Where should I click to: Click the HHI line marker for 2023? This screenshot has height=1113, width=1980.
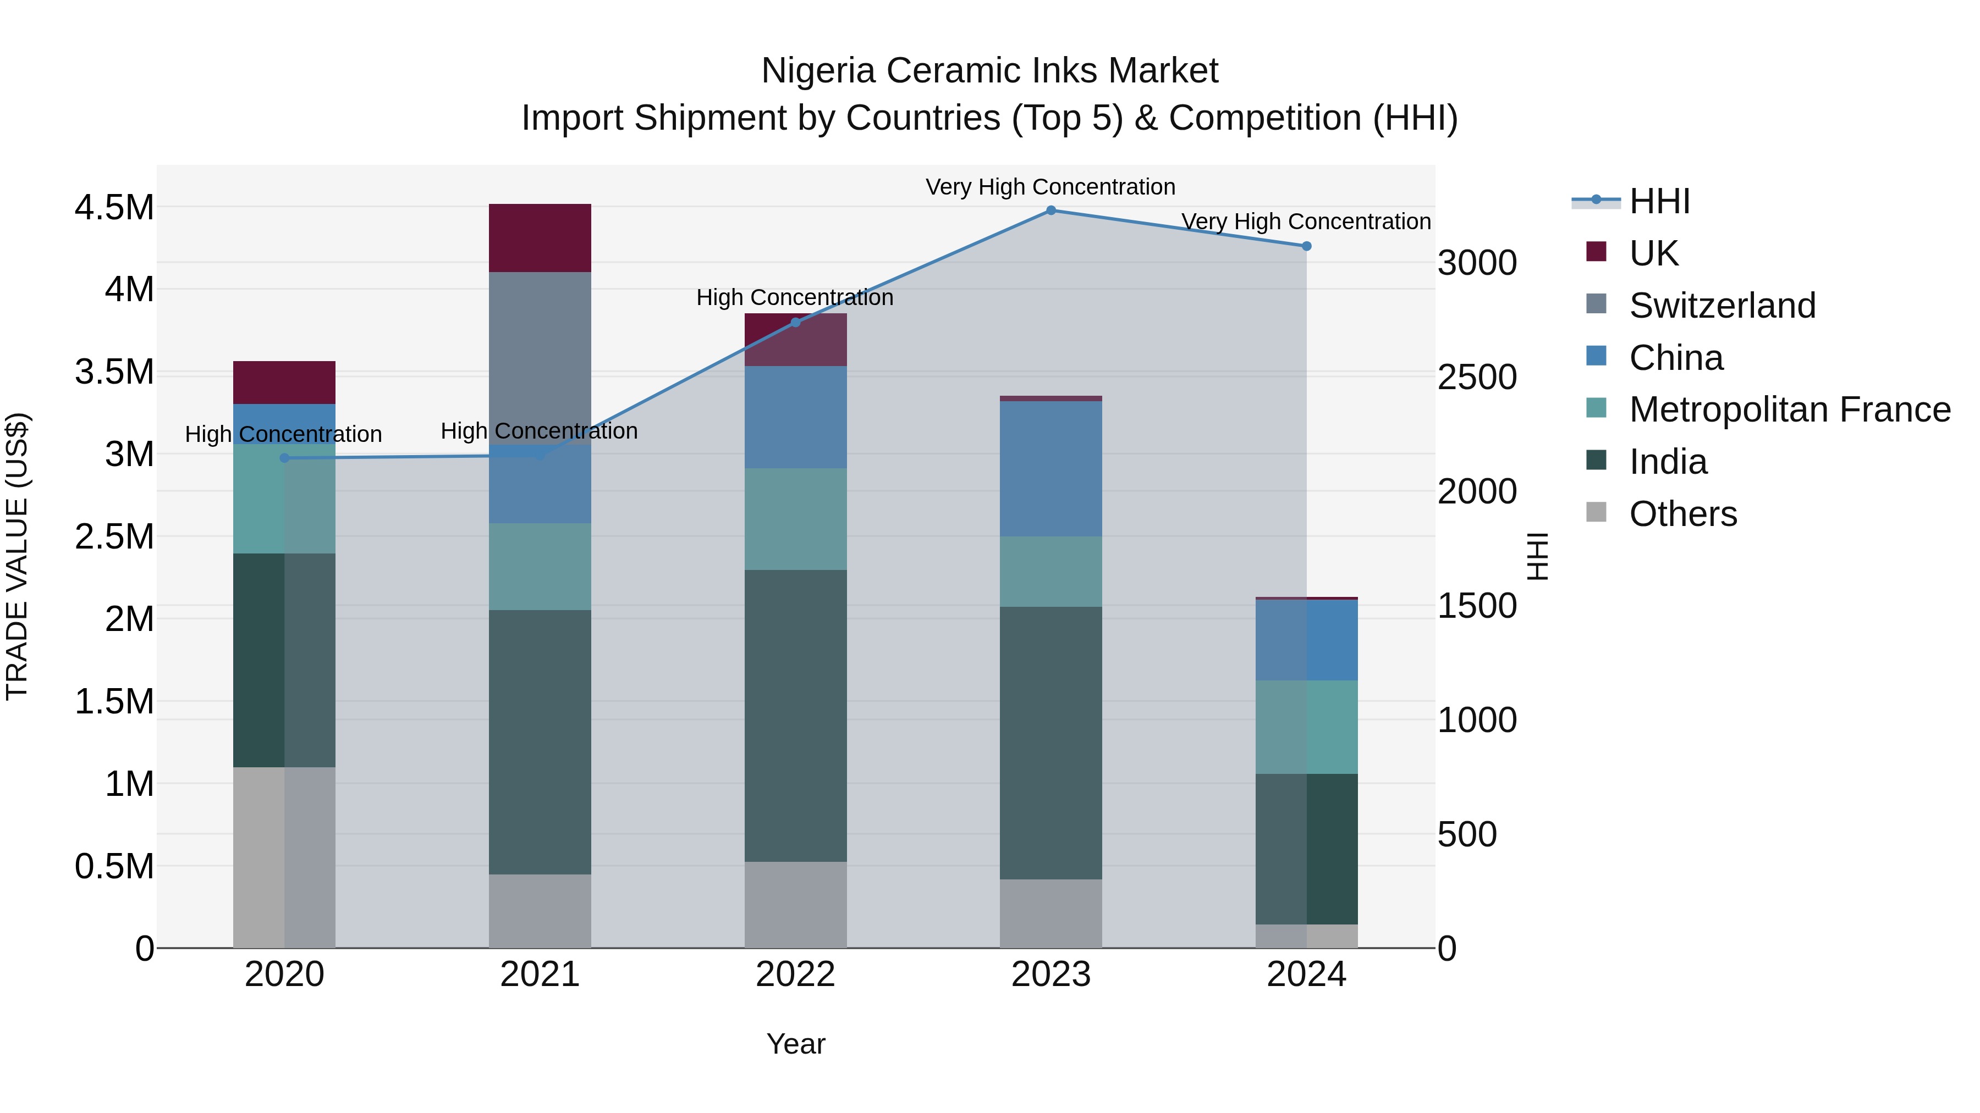[x=1050, y=210]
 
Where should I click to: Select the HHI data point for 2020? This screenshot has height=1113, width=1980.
[x=284, y=458]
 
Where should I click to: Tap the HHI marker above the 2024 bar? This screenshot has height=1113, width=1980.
[x=1307, y=246]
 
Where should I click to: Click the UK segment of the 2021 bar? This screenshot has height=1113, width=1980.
[x=540, y=238]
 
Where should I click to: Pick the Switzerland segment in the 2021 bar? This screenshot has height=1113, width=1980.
[x=540, y=353]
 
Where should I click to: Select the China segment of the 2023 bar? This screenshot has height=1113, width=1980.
[x=1050, y=468]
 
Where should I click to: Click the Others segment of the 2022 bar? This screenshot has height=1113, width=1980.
[x=795, y=904]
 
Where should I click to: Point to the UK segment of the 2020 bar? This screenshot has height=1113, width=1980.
[x=284, y=383]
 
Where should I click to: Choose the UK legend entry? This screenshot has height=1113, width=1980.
[x=1653, y=253]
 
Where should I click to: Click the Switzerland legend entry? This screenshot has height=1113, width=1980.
[x=1722, y=305]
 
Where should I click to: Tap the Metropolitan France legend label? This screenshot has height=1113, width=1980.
[x=1789, y=409]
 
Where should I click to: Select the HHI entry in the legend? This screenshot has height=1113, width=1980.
[x=1659, y=201]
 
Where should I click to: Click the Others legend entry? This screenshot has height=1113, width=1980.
[x=1682, y=514]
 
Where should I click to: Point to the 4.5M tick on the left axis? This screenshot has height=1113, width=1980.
[x=114, y=207]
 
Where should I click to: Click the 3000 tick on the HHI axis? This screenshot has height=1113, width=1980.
[x=1477, y=263]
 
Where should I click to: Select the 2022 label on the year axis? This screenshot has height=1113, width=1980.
[x=795, y=974]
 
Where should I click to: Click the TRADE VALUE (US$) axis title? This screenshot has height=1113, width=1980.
[x=17, y=556]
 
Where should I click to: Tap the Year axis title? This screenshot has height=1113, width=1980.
[x=795, y=1044]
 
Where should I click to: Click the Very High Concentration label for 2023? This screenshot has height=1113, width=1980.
[x=1050, y=187]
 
